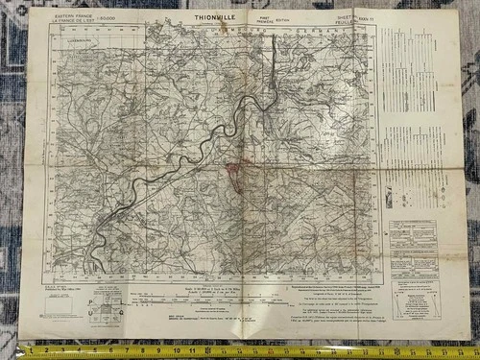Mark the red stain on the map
click(232, 174)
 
